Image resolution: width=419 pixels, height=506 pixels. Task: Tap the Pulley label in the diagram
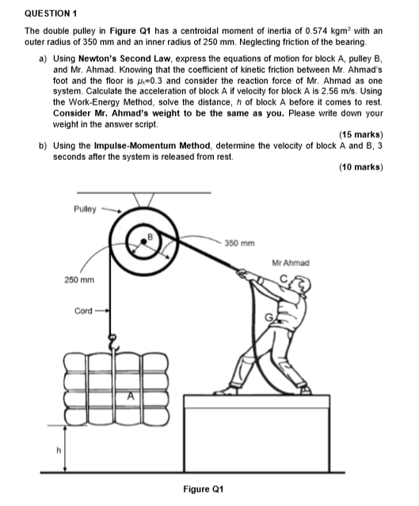(83, 209)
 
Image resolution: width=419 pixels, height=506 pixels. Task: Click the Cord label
(83, 310)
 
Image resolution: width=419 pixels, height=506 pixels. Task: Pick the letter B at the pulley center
(146, 234)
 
